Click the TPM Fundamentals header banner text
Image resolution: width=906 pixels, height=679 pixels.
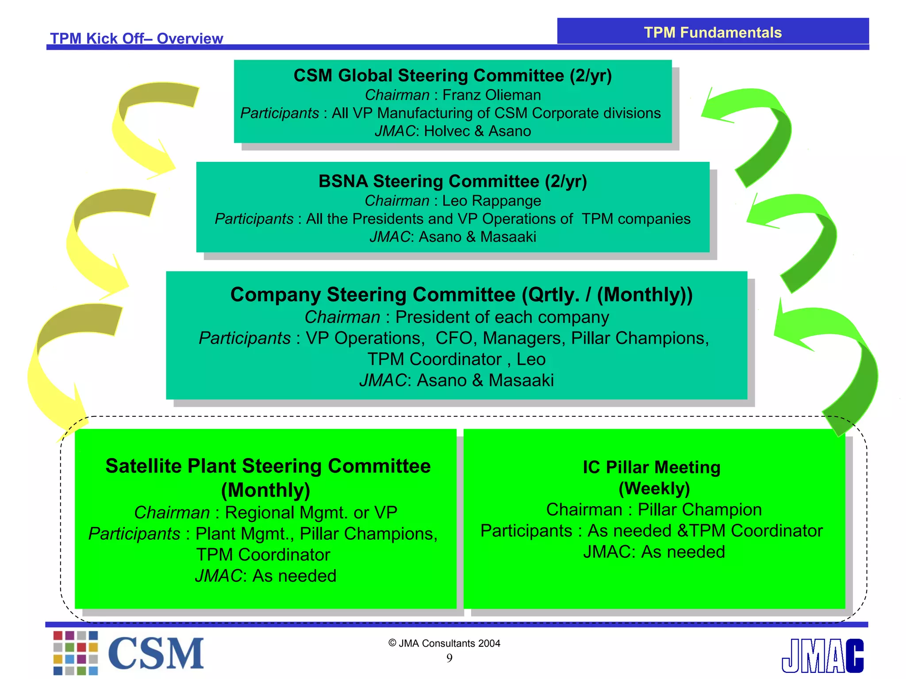click(x=712, y=33)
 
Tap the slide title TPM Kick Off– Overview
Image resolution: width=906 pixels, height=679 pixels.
click(x=136, y=38)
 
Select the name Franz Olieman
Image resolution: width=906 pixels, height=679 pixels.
click(x=491, y=95)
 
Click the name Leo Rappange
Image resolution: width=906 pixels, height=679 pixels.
click(x=491, y=201)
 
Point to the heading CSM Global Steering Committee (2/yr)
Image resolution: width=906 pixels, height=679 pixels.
click(x=453, y=76)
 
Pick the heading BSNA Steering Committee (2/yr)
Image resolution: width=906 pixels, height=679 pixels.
click(x=453, y=181)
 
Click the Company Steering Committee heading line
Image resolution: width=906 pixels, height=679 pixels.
click(x=461, y=294)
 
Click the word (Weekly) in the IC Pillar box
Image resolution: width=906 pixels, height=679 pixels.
click(x=654, y=488)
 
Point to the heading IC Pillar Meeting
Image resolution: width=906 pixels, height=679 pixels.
click(x=651, y=467)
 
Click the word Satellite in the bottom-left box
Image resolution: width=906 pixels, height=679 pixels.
click(x=143, y=466)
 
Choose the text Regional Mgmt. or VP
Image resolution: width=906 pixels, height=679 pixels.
click(x=311, y=513)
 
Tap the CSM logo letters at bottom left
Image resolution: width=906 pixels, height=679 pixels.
click(x=156, y=653)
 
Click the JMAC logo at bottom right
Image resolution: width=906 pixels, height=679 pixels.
click(x=822, y=656)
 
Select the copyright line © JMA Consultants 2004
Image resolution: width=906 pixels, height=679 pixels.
click(x=444, y=643)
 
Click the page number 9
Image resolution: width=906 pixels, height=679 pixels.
click(x=449, y=658)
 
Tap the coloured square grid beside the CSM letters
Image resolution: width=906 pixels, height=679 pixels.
click(x=75, y=653)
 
